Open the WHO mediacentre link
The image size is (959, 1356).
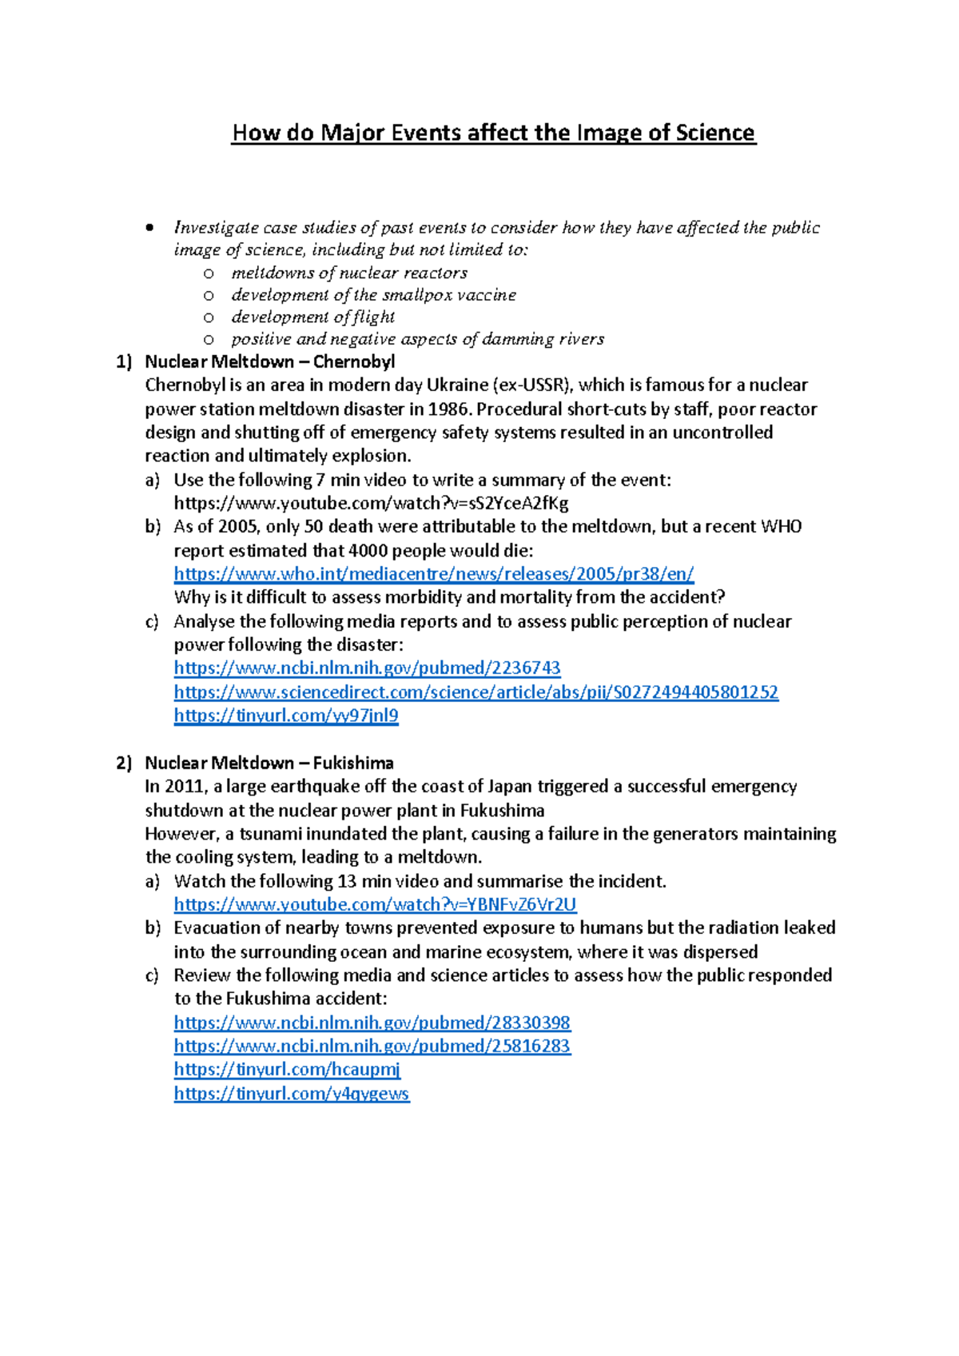433,574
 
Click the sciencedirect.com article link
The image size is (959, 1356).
476,692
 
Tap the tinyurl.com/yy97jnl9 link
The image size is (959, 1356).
286,716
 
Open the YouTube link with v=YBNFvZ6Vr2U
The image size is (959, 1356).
375,905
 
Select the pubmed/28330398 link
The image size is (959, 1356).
372,1023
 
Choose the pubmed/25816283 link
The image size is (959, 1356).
372,1047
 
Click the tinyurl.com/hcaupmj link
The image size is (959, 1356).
287,1070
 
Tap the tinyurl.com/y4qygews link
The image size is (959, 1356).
291,1094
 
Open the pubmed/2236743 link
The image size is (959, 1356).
367,668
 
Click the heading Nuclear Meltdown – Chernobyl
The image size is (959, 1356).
269,362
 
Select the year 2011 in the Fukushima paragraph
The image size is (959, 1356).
185,787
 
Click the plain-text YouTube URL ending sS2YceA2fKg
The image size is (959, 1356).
371,504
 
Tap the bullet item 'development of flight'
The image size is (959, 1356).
312,317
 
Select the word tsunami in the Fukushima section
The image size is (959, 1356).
270,834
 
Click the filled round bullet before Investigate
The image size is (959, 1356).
149,229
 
